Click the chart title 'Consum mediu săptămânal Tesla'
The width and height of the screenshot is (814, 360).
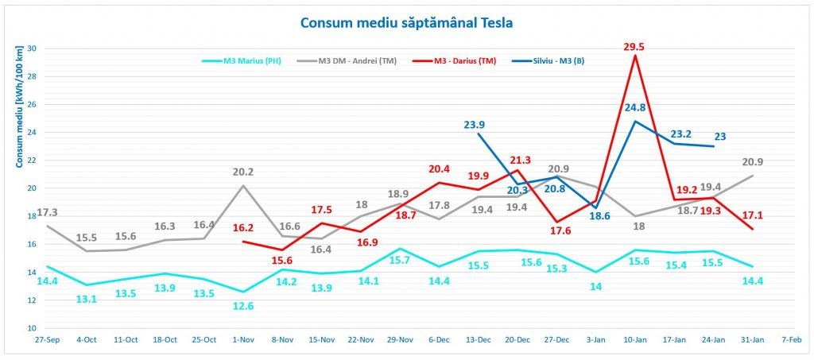point(406,22)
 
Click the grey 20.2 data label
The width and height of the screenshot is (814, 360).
point(242,172)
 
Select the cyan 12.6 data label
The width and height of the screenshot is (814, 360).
point(242,305)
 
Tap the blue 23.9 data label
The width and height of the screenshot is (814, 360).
point(475,124)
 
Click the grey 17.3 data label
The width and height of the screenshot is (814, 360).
point(25,213)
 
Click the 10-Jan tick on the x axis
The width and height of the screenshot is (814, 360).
point(634,339)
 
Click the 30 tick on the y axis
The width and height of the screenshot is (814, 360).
point(33,48)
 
